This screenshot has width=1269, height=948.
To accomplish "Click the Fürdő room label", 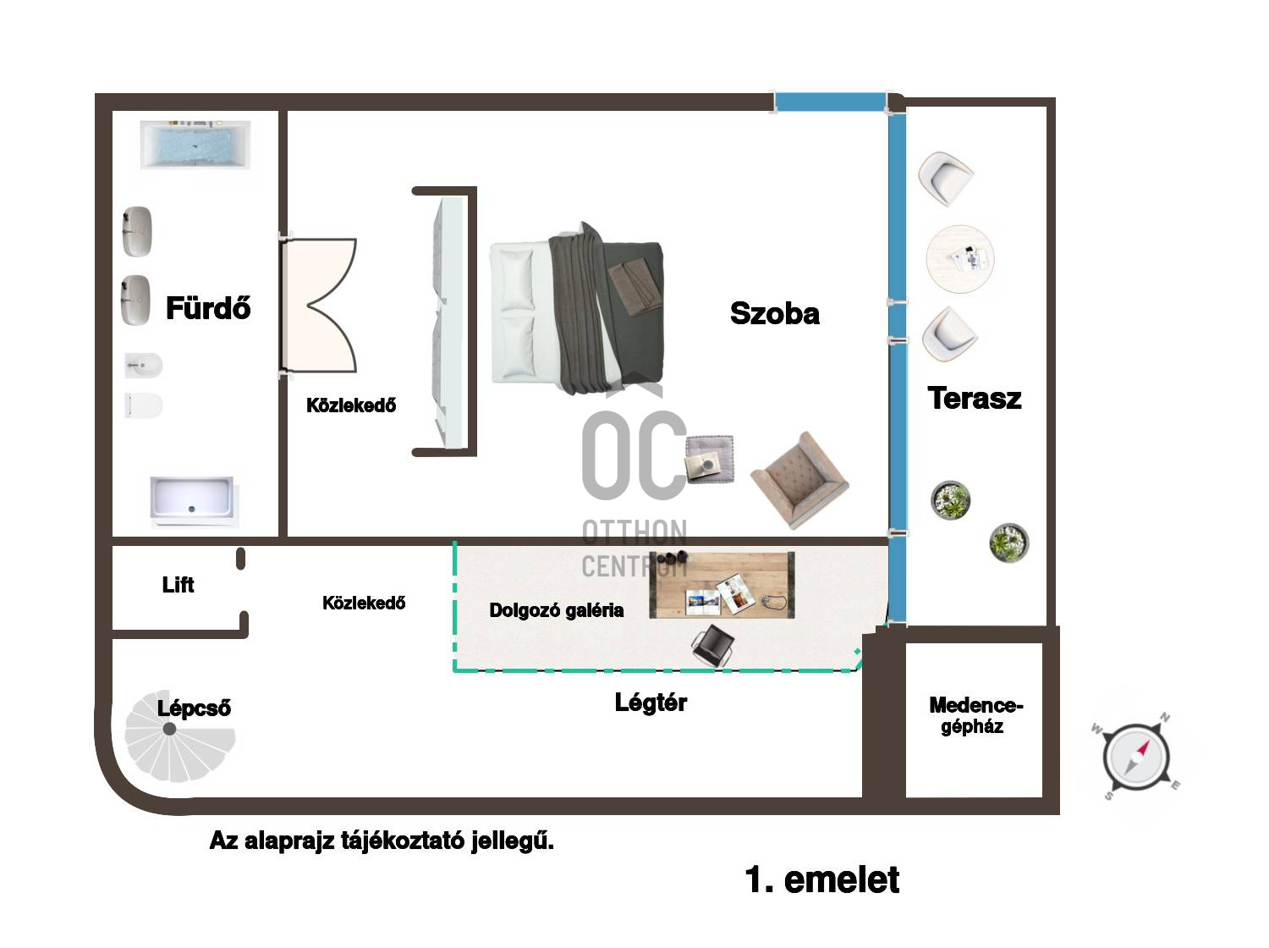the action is tap(208, 307).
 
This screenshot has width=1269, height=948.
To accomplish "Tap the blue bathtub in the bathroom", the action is tap(195, 145).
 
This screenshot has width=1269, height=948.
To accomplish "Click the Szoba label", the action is tap(775, 313).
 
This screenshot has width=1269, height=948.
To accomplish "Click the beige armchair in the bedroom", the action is tap(799, 480).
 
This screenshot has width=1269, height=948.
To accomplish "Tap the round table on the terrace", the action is tap(959, 258).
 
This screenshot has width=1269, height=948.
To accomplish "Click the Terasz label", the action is tap(975, 398).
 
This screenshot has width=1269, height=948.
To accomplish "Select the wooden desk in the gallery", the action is tap(722, 585).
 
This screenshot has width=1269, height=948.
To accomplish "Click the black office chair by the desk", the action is tap(713, 645).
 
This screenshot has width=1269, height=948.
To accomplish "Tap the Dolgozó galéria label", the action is tap(556, 610).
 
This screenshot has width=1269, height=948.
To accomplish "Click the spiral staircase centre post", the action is tap(169, 729).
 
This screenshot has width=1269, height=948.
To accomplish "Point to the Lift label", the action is tap(178, 585).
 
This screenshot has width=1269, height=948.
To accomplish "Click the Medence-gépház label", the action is tap(976, 715).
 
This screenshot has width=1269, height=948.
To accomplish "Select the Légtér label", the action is tap(651, 703).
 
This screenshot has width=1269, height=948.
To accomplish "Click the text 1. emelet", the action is tap(822, 879).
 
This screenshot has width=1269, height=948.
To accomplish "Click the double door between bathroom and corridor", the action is tap(318, 305).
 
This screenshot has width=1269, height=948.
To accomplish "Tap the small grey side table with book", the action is tap(710, 459).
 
